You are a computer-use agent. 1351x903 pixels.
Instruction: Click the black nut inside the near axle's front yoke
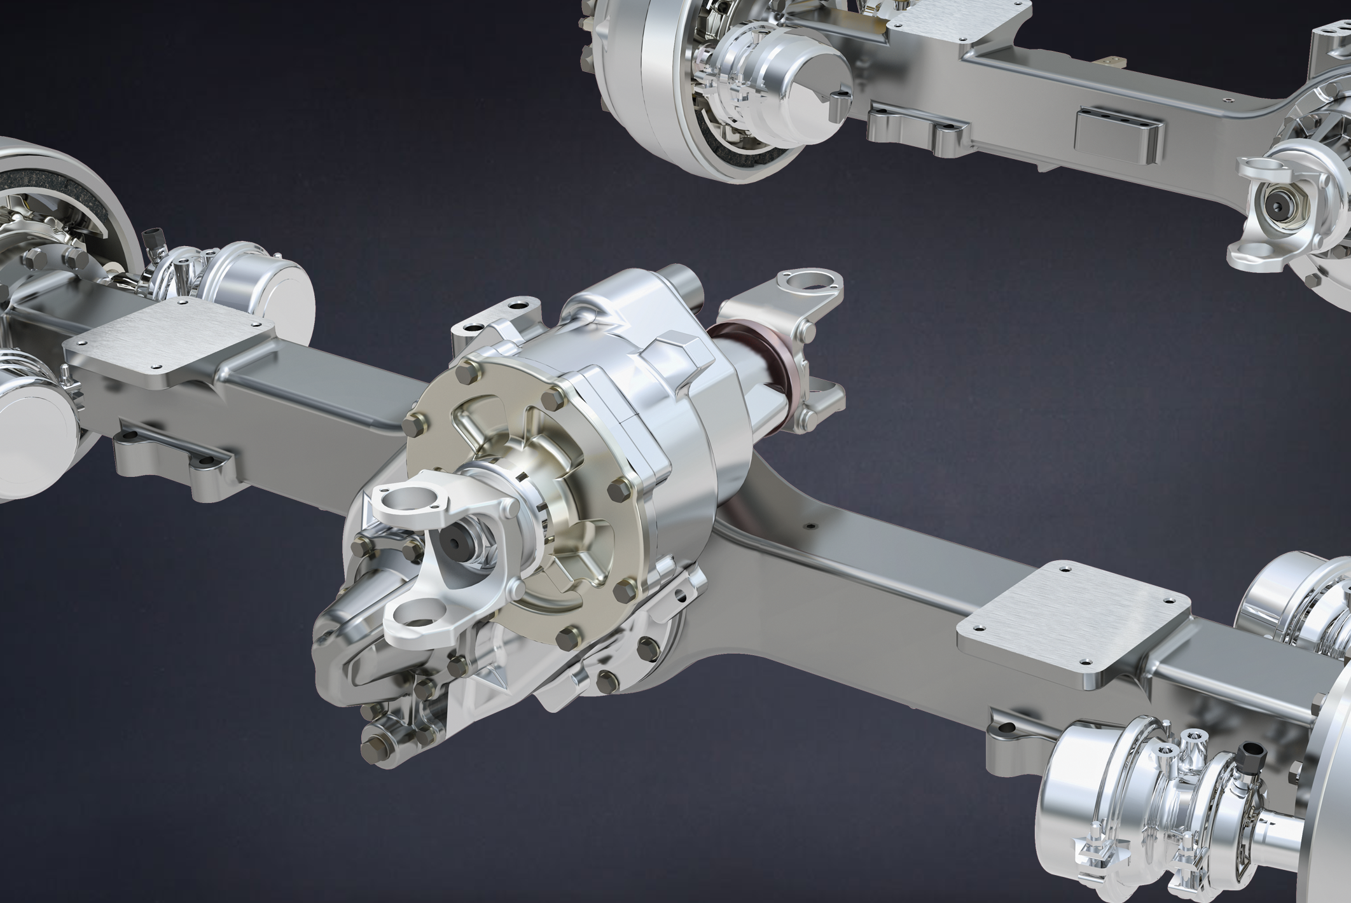(457, 543)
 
